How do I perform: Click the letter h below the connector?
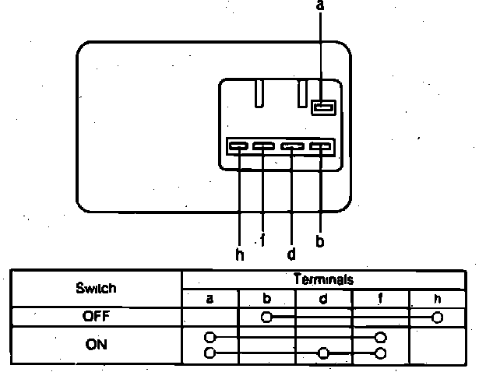(239, 254)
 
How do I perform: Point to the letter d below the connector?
(291, 254)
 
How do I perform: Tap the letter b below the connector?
(320, 240)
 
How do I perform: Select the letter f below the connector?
(262, 240)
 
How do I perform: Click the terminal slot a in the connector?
(322, 107)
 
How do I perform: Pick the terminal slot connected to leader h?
(238, 146)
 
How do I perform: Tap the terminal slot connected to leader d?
(293, 146)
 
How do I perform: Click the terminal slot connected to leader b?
(321, 146)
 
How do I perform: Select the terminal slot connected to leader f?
(264, 146)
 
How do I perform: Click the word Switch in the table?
(97, 288)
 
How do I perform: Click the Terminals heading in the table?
(324, 279)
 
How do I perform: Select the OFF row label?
(97, 317)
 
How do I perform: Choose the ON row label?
(97, 346)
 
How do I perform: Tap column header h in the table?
(436, 298)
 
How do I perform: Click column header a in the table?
(210, 298)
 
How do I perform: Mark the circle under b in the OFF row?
(267, 318)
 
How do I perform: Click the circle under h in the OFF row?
(437, 318)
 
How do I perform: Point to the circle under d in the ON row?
(323, 353)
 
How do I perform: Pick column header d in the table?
(323, 298)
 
